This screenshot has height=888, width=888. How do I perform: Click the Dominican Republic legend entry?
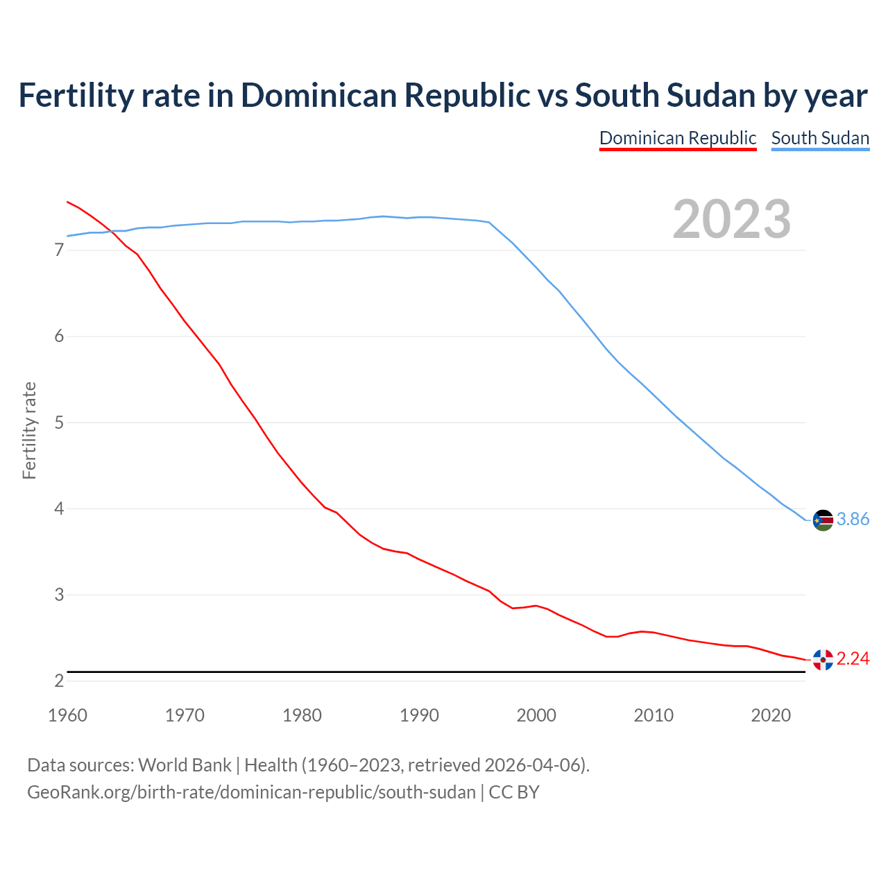click(x=677, y=138)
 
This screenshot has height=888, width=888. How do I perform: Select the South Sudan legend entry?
click(x=820, y=138)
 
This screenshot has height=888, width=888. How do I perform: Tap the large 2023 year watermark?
click(x=731, y=219)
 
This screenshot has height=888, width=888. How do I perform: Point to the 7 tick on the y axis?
click(x=59, y=250)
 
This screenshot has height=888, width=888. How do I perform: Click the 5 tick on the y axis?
click(x=59, y=422)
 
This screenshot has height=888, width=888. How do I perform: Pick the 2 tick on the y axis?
click(x=59, y=681)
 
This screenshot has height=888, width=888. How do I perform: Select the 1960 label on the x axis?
click(x=67, y=715)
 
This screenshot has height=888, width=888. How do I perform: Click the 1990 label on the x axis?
click(x=419, y=715)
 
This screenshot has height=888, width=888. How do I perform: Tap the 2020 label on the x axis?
click(x=771, y=715)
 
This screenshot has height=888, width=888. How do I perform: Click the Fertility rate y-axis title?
click(x=29, y=430)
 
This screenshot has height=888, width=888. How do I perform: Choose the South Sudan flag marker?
click(x=823, y=520)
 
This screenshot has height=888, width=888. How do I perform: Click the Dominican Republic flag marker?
click(x=823, y=660)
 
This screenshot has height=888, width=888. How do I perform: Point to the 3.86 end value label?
click(x=853, y=520)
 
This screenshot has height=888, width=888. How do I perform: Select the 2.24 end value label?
click(x=853, y=659)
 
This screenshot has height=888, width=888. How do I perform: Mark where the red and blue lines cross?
click(x=111, y=231)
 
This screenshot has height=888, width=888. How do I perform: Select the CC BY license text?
click(x=514, y=792)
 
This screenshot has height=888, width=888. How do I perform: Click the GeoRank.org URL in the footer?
click(x=251, y=792)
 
